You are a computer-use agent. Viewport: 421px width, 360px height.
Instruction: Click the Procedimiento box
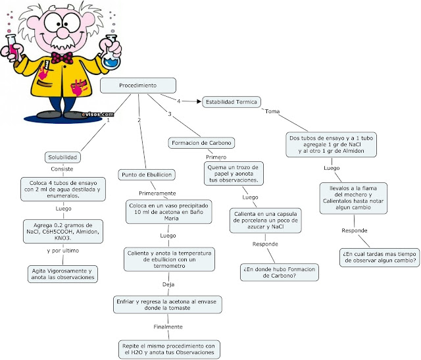click(138, 86)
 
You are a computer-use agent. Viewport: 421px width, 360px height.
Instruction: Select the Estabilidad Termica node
click(232, 102)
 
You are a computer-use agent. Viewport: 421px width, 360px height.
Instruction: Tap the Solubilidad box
click(62, 157)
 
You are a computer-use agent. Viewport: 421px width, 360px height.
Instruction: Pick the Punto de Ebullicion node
click(147, 175)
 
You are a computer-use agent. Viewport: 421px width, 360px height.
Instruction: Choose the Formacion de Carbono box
click(201, 143)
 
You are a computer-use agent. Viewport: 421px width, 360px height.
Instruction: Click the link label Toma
click(272, 111)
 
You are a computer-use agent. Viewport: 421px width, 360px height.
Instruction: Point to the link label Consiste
click(62, 169)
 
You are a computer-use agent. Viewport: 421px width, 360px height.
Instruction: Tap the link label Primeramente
click(157, 193)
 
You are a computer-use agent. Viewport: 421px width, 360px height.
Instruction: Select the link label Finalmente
click(168, 327)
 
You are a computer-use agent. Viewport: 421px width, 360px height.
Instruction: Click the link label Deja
click(168, 284)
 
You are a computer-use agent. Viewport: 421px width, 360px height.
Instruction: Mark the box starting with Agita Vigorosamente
click(63, 274)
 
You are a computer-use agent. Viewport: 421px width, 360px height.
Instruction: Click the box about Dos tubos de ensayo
click(331, 145)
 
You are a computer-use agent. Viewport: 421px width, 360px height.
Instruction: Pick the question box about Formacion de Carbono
click(280, 272)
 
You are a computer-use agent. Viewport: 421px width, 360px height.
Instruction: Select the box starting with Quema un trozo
click(234, 174)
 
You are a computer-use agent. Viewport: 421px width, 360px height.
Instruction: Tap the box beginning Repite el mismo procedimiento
click(169, 349)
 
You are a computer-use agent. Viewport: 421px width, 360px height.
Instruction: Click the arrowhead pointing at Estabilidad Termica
click(199, 101)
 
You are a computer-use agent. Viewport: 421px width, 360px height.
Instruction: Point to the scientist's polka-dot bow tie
click(62, 58)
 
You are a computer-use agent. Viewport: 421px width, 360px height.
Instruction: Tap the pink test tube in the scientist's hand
click(12, 48)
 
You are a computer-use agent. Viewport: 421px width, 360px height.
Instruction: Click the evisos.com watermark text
click(98, 115)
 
